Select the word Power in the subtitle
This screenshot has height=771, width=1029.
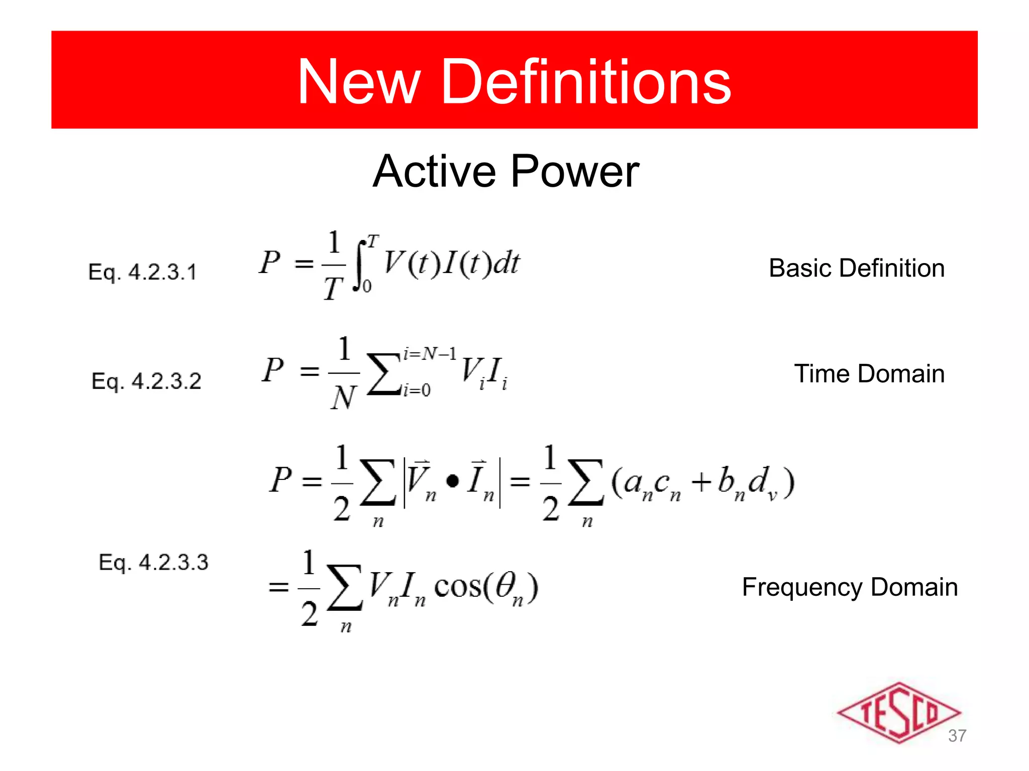click(575, 172)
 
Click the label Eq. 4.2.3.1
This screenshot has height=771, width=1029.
click(143, 272)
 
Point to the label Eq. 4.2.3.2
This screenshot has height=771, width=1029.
click(146, 381)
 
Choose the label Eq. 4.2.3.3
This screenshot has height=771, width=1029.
click(153, 562)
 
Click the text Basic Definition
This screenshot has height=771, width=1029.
click(857, 268)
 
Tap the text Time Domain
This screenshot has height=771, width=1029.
click(869, 374)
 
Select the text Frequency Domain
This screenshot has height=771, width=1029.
click(850, 587)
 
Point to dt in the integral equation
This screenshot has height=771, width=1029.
click(506, 263)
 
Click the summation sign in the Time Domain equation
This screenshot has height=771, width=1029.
click(383, 374)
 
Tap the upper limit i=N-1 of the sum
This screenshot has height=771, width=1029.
click(430, 354)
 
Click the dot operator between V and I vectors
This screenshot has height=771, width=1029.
click(452, 481)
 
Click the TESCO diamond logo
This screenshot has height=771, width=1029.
click(898, 712)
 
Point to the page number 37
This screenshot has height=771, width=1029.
click(957, 736)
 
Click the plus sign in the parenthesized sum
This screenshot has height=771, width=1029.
click(701, 482)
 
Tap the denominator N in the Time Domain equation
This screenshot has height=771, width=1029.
click(344, 398)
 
